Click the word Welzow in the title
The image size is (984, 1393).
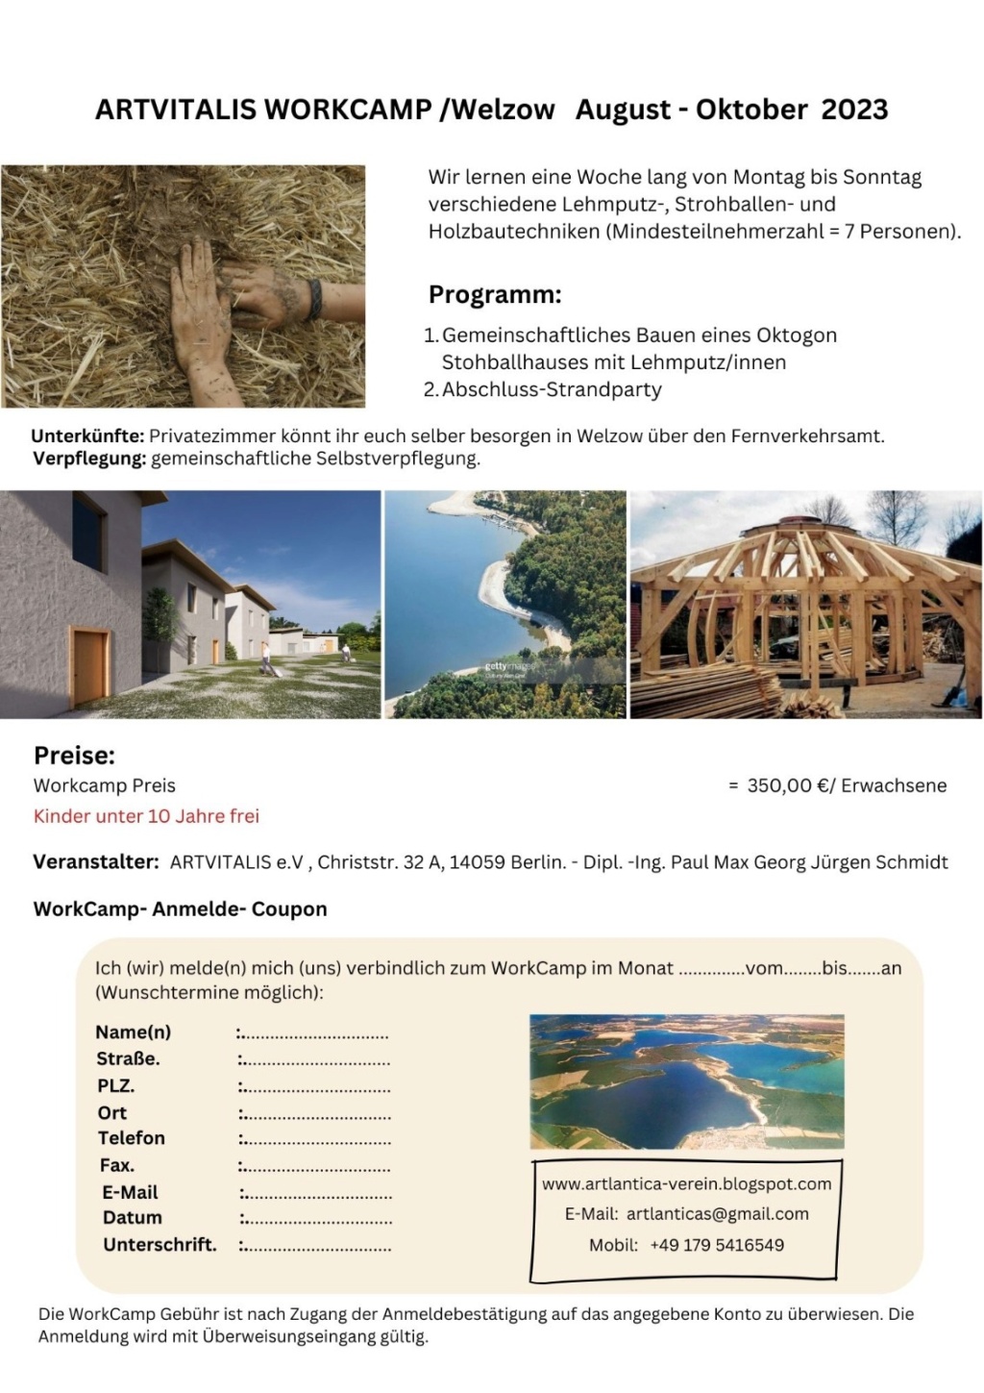pyautogui.click(x=504, y=110)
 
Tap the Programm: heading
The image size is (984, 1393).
pyautogui.click(x=495, y=294)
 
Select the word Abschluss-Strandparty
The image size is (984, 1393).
pyautogui.click(x=552, y=389)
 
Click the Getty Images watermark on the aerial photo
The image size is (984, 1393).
pyautogui.click(x=507, y=666)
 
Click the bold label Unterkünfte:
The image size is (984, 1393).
pyautogui.click(x=87, y=435)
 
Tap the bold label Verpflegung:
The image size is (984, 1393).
pyautogui.click(x=89, y=459)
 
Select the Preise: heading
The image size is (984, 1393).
pyautogui.click(x=74, y=755)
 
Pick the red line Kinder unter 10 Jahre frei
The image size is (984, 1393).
pyautogui.click(x=146, y=816)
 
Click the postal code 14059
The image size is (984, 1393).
pyautogui.click(x=477, y=862)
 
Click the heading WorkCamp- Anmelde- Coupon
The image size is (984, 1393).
pyautogui.click(x=180, y=908)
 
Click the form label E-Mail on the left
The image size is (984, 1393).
pyautogui.click(x=130, y=1192)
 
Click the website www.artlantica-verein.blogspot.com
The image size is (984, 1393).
pyautogui.click(x=686, y=1183)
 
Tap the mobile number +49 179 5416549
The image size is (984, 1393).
pyautogui.click(x=717, y=1245)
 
